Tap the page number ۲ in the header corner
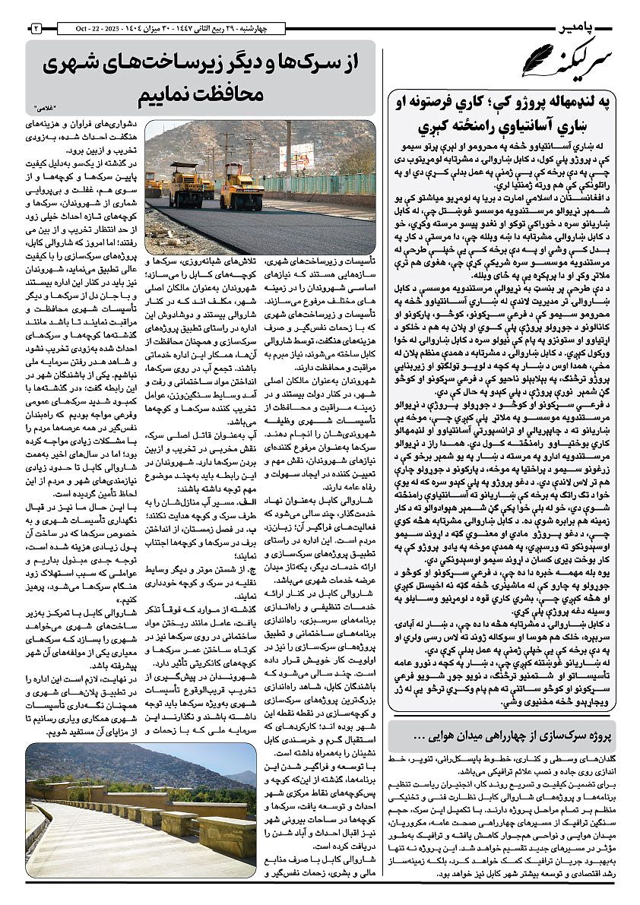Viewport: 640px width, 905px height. pos(35,28)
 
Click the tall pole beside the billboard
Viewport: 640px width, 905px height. pos(288,151)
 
